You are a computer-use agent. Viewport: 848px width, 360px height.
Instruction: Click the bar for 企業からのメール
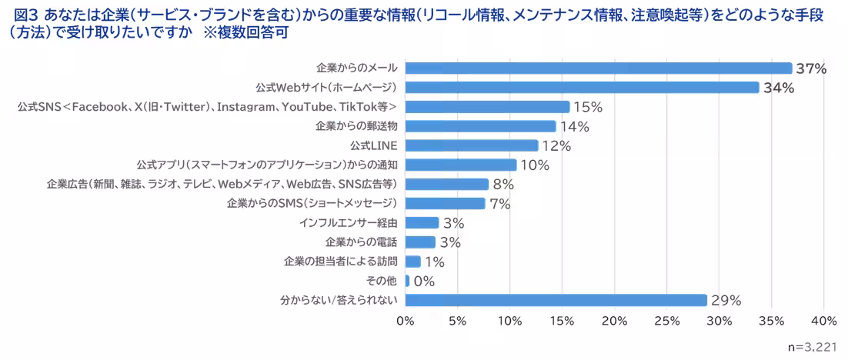pyautogui.click(x=598, y=68)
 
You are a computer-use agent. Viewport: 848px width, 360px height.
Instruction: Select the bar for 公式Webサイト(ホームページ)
pyautogui.click(x=582, y=88)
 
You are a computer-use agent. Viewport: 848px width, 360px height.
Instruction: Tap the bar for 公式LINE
pyautogui.click(x=471, y=145)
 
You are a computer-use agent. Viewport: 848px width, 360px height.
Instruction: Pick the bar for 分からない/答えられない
pyautogui.click(x=556, y=300)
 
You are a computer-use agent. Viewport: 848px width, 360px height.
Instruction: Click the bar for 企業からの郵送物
pyautogui.click(x=480, y=126)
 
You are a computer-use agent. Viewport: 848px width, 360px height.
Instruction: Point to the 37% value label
pyautogui.click(x=811, y=69)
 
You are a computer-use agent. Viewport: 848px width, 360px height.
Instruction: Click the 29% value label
pyautogui.click(x=726, y=301)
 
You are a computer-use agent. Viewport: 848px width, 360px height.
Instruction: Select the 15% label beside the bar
pyautogui.click(x=587, y=107)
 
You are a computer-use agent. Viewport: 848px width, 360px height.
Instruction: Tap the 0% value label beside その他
pyautogui.click(x=424, y=282)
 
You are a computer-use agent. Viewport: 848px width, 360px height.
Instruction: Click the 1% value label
pyautogui.click(x=435, y=262)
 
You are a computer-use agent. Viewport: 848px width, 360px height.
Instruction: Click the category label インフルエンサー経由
pyautogui.click(x=349, y=223)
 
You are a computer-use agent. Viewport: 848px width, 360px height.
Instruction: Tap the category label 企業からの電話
pyautogui.click(x=362, y=242)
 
